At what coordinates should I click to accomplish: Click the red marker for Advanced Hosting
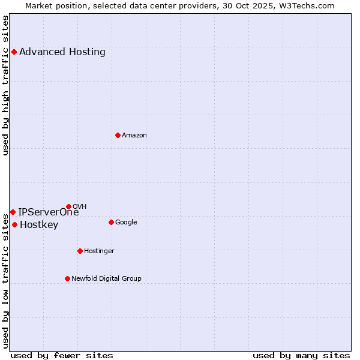tap(14, 52)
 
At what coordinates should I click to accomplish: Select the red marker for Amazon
tap(118, 135)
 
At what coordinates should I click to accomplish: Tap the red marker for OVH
tap(68, 206)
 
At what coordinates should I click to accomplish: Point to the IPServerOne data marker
tap(13, 212)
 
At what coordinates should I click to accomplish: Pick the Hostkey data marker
tap(14, 224)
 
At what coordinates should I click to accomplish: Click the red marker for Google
tap(111, 222)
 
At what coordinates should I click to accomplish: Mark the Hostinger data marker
tap(80, 251)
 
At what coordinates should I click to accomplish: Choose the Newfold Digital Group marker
tap(67, 278)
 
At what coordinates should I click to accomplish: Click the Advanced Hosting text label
tap(62, 52)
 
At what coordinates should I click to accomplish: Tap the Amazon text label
tap(134, 135)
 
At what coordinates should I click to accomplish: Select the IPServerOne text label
tap(48, 212)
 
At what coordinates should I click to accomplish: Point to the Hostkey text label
tap(39, 225)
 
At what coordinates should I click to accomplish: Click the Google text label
tap(126, 222)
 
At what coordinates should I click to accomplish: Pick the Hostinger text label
tap(99, 251)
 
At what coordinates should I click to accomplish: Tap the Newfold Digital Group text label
tap(106, 278)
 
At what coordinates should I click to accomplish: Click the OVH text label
tap(79, 206)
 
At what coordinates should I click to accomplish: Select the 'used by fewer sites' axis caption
tap(62, 355)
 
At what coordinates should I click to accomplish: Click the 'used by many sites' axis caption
tap(301, 355)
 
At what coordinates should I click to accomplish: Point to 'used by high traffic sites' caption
tap(5, 85)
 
